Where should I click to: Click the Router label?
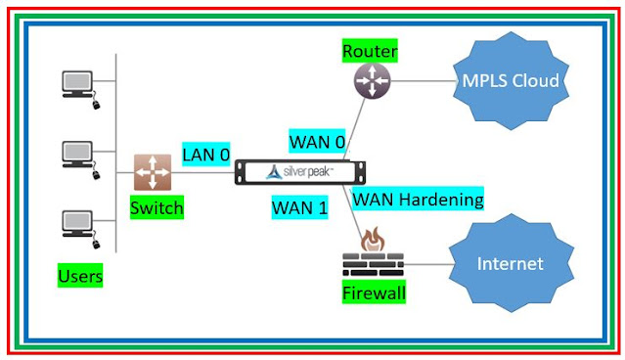[x=371, y=51]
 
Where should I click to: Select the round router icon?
[x=372, y=80]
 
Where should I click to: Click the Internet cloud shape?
[x=510, y=264]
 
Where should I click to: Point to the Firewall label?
[x=373, y=292]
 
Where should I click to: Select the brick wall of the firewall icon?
[x=372, y=265]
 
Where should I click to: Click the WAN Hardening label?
[x=418, y=200]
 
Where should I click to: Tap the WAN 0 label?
[x=317, y=142]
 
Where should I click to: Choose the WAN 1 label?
[x=298, y=206]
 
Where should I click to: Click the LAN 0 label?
[x=206, y=155]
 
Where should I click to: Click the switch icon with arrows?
[x=153, y=172]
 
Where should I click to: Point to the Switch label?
[x=156, y=208]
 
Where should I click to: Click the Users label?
[x=80, y=277]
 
